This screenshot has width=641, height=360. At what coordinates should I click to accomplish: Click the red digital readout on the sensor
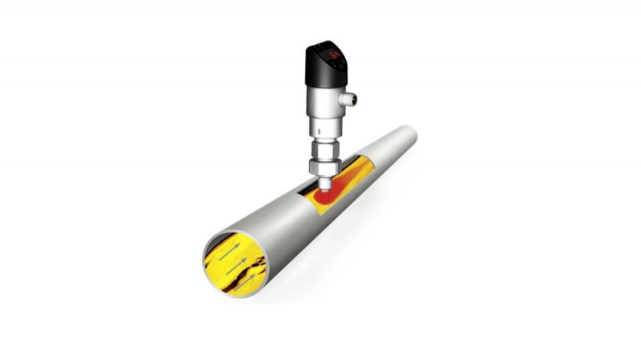pos(334,55)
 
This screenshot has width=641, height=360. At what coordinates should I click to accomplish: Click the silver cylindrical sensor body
pos(322,103)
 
